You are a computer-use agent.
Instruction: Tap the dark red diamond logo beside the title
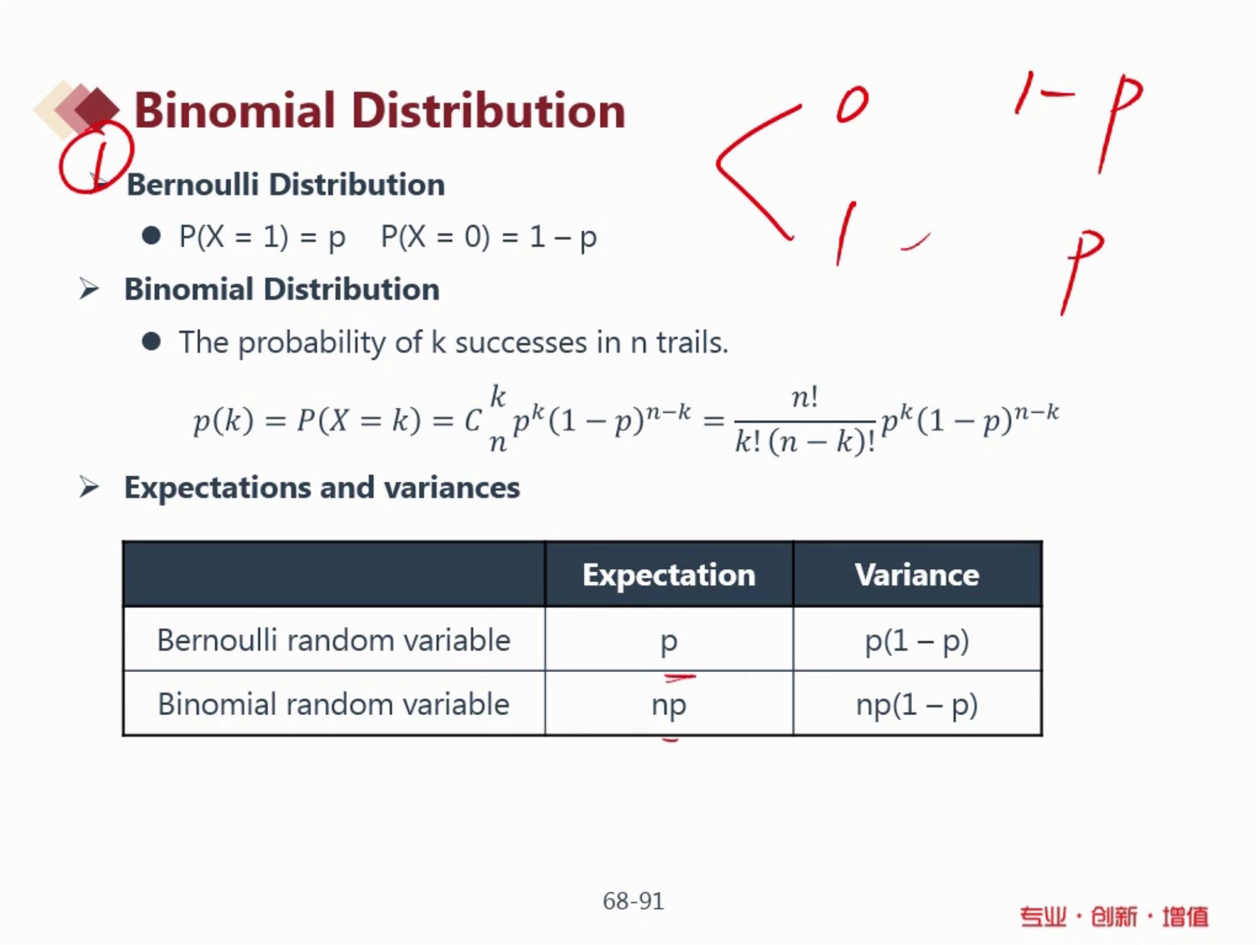click(98, 108)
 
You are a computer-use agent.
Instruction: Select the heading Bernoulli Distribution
click(286, 185)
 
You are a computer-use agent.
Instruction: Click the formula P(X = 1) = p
click(262, 237)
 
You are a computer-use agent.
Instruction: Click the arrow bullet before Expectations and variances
click(89, 487)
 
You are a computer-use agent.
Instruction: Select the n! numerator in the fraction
click(805, 397)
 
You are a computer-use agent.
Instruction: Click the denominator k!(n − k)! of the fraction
click(805, 442)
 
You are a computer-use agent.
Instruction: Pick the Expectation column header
click(669, 575)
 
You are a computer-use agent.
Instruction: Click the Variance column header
click(917, 575)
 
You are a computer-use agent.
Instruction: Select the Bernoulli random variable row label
click(334, 640)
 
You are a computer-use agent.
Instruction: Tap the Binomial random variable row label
click(334, 705)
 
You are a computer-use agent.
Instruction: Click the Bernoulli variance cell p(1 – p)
click(917, 641)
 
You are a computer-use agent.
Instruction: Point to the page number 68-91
click(633, 901)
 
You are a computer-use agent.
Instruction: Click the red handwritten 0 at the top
click(852, 105)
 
